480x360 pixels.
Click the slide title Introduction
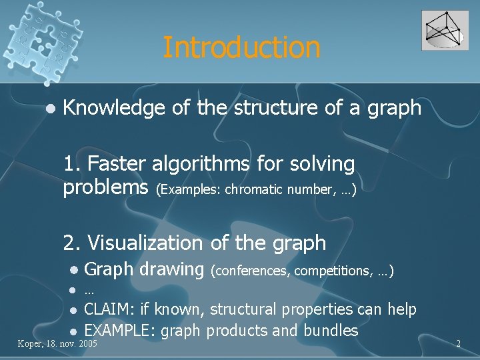tap(241, 47)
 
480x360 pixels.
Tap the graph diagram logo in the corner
tap(445, 31)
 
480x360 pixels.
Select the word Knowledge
tap(113, 107)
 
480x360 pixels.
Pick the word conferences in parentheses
tap(249, 271)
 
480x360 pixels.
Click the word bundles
tap(331, 330)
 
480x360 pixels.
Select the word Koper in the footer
tap(31, 344)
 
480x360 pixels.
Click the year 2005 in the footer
tap(87, 344)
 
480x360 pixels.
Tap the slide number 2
tap(458, 344)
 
